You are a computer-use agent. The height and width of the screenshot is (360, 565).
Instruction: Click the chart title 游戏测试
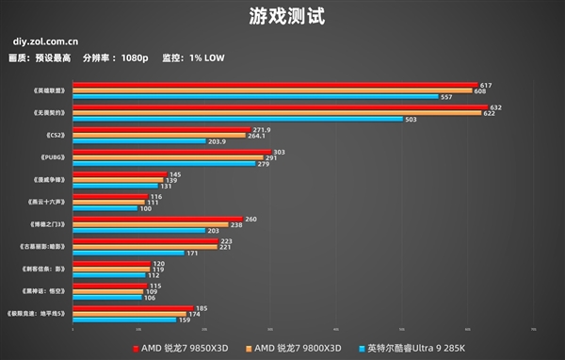coord(282,16)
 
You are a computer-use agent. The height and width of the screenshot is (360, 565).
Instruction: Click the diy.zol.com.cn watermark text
coord(45,42)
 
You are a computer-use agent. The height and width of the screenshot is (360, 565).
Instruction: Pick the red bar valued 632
coord(279,107)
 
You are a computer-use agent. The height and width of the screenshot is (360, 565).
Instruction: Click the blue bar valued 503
coord(237,119)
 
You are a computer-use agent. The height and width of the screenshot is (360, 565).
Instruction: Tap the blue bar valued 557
coord(255,97)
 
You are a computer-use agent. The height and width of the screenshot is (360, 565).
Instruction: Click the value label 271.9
coord(262,129)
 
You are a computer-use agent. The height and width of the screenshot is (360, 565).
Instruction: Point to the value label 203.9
coord(217,141)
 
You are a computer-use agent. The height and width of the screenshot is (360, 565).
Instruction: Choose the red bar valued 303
coord(171,151)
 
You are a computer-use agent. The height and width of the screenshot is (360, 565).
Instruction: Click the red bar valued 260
coord(157,218)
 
